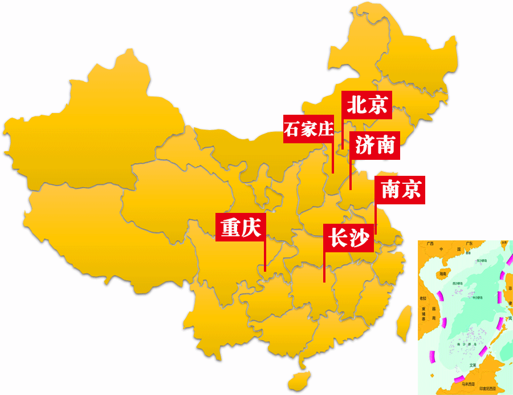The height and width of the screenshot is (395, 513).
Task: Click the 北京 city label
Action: pyautogui.click(x=367, y=105)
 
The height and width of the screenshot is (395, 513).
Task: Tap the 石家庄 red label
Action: pyautogui.click(x=308, y=130)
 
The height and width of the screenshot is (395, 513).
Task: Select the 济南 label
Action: pyautogui.click(x=374, y=146)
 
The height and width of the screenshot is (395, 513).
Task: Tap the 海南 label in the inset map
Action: pyautogui.click(x=442, y=274)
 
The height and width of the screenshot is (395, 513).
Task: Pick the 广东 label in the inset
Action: pyautogui.click(x=469, y=244)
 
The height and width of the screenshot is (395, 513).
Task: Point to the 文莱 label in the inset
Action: pyautogui.click(x=473, y=365)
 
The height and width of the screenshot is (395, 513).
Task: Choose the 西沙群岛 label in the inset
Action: pyautogui.click(x=457, y=283)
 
